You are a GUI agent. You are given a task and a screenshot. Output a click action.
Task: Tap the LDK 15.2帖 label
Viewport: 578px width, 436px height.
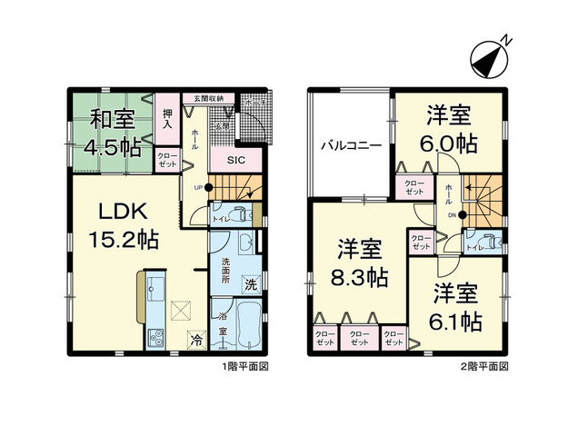(x=125, y=226)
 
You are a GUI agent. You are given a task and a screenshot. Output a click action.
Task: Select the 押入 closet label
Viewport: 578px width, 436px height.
(x=167, y=119)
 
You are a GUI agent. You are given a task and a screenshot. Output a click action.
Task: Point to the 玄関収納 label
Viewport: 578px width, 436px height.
(x=209, y=98)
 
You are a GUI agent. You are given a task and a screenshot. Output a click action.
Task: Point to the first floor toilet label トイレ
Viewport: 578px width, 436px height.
(x=218, y=218)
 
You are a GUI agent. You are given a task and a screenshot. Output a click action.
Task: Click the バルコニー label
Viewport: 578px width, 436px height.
(x=349, y=144)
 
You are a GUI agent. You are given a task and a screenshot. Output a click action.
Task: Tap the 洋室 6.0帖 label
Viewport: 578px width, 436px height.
(x=449, y=130)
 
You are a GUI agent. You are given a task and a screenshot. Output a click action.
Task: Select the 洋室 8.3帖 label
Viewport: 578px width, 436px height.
(x=360, y=263)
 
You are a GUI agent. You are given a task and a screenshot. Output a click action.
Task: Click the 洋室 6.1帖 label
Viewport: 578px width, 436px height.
(x=454, y=308)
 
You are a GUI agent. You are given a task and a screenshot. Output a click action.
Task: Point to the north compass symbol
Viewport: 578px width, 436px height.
(x=491, y=57)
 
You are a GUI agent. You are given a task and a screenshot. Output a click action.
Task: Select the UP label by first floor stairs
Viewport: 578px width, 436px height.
(x=197, y=188)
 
